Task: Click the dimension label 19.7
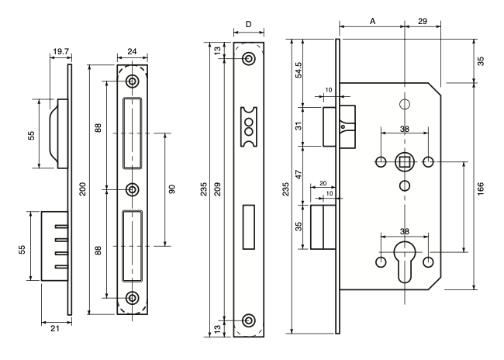point(61,51)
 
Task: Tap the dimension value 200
point(83,189)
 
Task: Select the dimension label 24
point(132,51)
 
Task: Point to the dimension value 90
point(172,189)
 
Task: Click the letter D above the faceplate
point(248,25)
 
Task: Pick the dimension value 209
point(218,189)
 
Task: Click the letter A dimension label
point(372,21)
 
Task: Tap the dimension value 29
point(423,21)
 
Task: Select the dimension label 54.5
point(299,70)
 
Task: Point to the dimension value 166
point(481,189)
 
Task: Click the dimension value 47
point(299,175)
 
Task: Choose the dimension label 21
point(55,328)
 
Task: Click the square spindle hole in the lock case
point(404,161)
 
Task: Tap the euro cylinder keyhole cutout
point(405,261)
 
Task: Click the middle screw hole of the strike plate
point(132,189)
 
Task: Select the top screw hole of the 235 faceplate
point(248,58)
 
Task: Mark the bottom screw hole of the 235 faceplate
point(248,320)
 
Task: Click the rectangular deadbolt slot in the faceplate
point(248,227)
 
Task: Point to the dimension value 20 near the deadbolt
point(323,183)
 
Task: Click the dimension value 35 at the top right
point(481,61)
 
